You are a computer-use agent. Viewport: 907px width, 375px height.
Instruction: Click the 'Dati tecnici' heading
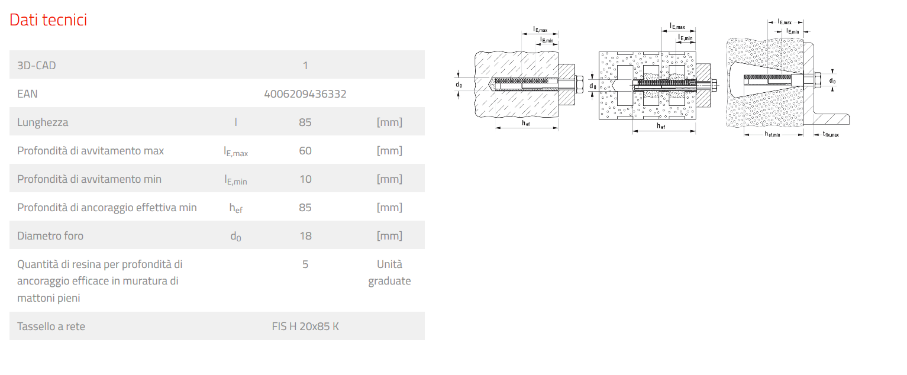48,20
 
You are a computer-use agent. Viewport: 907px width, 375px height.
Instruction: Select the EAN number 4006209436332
305,94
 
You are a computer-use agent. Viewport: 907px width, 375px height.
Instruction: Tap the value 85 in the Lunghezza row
305,122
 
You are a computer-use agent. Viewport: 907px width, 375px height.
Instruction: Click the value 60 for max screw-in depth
305,151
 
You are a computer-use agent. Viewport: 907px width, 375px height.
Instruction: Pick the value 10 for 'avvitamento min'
305,179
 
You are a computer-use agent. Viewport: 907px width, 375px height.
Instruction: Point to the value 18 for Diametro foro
305,236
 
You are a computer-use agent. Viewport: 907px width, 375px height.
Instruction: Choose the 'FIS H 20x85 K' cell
305,326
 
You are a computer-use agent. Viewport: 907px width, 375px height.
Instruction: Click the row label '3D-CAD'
37,66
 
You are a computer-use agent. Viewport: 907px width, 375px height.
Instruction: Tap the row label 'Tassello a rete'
51,326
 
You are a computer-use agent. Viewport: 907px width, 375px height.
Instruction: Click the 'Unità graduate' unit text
389,273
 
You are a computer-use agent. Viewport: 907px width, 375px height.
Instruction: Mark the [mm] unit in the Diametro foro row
389,236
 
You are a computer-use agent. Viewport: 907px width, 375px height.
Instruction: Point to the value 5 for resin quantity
305,264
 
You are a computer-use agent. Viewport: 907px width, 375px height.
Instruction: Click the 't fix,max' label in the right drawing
830,135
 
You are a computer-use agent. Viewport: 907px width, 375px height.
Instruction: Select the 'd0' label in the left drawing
459,85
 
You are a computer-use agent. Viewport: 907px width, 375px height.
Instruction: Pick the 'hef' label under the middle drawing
661,126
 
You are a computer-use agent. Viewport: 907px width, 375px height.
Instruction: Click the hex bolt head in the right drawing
818,80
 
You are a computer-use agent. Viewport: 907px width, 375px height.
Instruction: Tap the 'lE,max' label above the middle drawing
677,27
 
